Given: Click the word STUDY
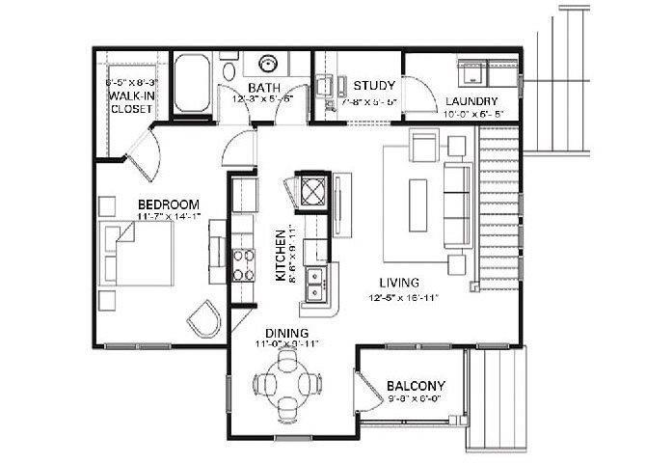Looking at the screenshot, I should pyautogui.click(x=370, y=85).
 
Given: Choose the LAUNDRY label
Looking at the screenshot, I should pyautogui.click(x=471, y=101).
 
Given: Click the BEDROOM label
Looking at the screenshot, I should pyautogui.click(x=168, y=204).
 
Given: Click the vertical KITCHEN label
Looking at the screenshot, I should pyautogui.click(x=281, y=255).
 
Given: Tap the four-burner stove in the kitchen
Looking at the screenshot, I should pyautogui.click(x=243, y=262).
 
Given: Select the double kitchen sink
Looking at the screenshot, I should pyautogui.click(x=314, y=283).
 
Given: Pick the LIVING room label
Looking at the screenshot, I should pyautogui.click(x=398, y=283).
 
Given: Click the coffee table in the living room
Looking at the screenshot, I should pyautogui.click(x=418, y=204).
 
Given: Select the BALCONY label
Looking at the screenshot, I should pyautogui.click(x=415, y=381).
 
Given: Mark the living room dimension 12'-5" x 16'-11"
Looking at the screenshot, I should pyautogui.click(x=404, y=298).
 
